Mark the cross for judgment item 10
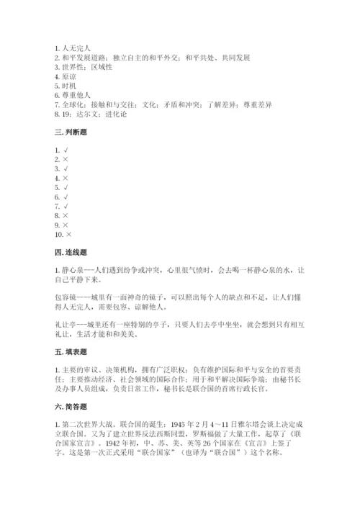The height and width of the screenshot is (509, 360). click(x=69, y=234)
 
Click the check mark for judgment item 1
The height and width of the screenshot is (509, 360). click(x=66, y=150)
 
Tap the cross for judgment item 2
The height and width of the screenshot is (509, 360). click(x=66, y=159)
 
